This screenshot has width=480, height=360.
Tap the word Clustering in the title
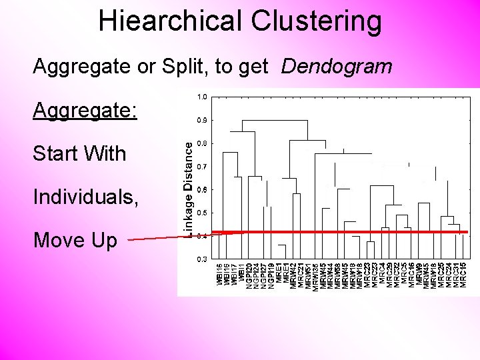(x=317, y=21)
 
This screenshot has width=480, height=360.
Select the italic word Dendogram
(x=337, y=66)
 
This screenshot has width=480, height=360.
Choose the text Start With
(x=79, y=153)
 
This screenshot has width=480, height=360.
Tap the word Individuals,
(x=87, y=197)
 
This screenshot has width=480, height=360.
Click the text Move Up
(x=75, y=240)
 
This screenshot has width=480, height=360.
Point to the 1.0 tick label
(x=202, y=97)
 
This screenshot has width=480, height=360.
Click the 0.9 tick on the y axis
(x=202, y=121)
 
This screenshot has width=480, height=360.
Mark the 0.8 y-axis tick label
(x=202, y=143)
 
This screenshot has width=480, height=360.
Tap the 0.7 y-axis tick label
(x=202, y=167)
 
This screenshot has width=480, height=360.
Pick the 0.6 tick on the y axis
(x=202, y=190)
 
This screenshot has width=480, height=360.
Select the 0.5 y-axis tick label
(x=202, y=213)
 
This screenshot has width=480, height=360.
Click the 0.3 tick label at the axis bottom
(x=202, y=259)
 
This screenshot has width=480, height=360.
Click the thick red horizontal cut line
(x=347, y=231)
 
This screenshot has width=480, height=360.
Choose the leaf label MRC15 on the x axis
(x=463, y=275)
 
